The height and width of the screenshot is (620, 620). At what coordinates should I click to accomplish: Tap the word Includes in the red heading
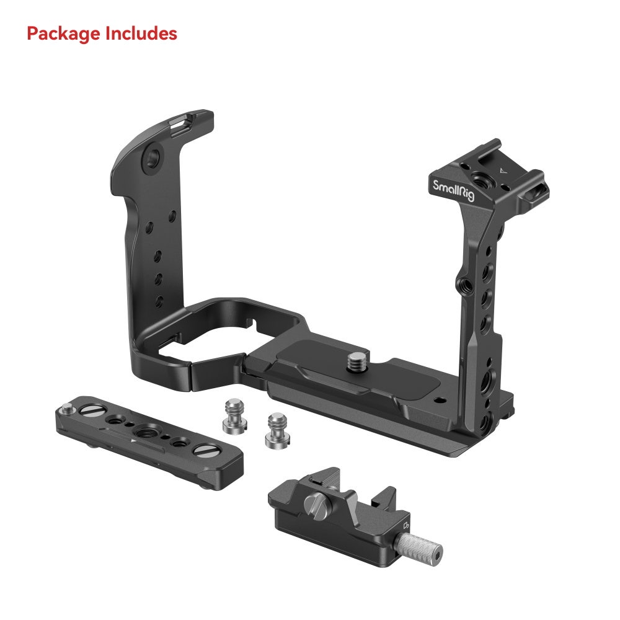(141, 34)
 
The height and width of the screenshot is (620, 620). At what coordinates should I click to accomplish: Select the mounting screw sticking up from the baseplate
(358, 361)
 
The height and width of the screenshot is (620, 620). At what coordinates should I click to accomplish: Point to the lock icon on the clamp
(407, 526)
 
